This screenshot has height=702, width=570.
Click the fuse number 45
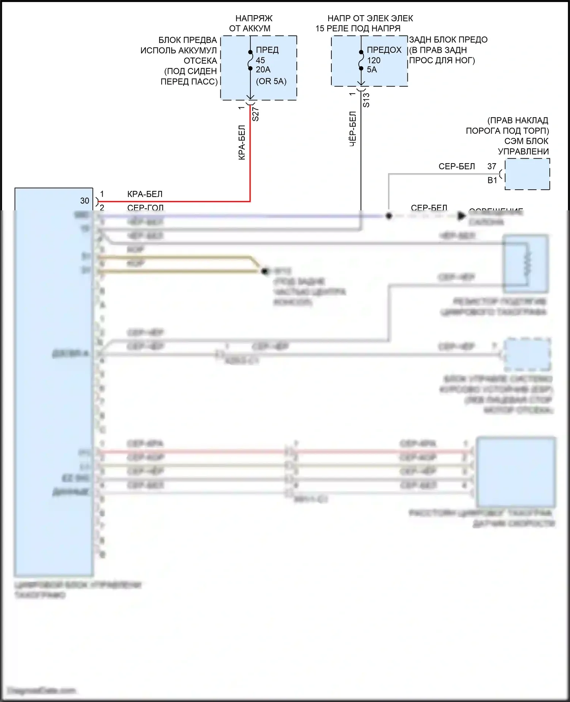click(260, 60)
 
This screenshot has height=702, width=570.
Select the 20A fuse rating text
click(263, 70)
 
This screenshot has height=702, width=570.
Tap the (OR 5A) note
click(271, 81)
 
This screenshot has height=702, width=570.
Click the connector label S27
click(256, 114)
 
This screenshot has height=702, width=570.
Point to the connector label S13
click(366, 100)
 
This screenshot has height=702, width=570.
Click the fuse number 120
click(374, 60)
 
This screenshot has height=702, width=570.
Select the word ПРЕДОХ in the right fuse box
click(384, 50)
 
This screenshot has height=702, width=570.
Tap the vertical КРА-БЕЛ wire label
click(242, 143)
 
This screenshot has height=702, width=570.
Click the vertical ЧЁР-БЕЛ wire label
click(353, 129)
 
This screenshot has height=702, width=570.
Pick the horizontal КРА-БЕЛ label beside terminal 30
click(145, 194)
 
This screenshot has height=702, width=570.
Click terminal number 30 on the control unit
click(85, 201)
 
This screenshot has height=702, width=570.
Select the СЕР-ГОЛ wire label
click(145, 207)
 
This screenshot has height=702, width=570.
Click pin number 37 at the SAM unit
click(492, 166)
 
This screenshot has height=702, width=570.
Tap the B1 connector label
click(492, 180)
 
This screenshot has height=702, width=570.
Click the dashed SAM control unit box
click(527, 175)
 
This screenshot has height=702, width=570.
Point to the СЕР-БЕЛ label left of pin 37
click(457, 166)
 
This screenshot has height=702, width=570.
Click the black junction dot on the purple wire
click(389, 216)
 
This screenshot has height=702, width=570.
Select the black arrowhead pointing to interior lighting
click(461, 216)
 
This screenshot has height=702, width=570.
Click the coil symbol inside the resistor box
click(527, 263)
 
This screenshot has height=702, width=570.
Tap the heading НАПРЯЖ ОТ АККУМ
click(251, 23)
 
